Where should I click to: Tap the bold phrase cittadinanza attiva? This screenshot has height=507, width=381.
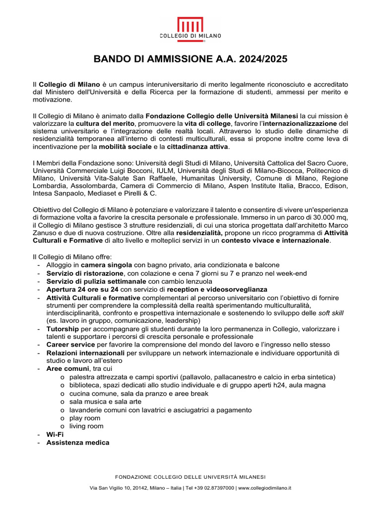(197, 147)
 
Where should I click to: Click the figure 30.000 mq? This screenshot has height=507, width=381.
(324, 217)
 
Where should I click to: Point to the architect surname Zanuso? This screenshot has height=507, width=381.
(47, 233)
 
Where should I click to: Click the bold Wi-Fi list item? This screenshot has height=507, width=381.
(55, 434)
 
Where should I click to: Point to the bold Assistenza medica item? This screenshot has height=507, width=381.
(78, 442)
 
